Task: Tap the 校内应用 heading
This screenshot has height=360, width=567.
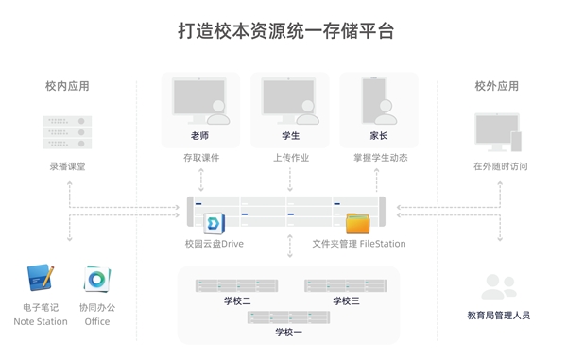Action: click(x=67, y=86)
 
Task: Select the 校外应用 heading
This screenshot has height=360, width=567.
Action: click(x=496, y=86)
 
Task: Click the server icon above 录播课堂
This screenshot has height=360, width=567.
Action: click(x=67, y=132)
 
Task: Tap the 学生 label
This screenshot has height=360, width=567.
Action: click(x=291, y=136)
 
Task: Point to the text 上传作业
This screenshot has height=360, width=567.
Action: click(x=291, y=157)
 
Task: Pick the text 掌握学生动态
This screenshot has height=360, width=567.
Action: click(x=381, y=157)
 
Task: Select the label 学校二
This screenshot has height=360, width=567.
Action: click(x=237, y=300)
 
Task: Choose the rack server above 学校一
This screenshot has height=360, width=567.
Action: click(x=289, y=317)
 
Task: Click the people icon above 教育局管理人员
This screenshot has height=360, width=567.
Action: click(x=498, y=286)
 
